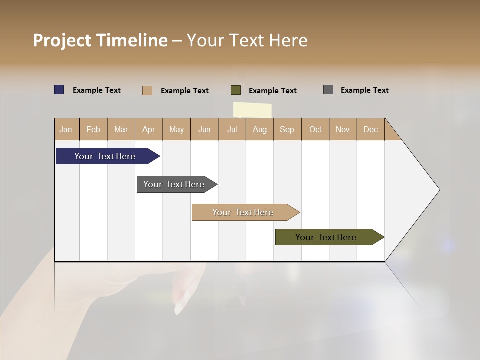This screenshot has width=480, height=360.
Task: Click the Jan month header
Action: click(x=66, y=129)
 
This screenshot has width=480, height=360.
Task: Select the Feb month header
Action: click(x=93, y=129)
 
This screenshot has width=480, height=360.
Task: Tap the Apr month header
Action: click(x=148, y=129)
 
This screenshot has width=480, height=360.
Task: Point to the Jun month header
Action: click(x=204, y=129)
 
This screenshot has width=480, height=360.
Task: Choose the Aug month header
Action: click(x=259, y=129)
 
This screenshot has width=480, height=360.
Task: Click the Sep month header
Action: click(x=287, y=129)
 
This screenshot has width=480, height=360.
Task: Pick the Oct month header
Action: click(x=315, y=129)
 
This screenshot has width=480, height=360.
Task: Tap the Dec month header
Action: click(x=370, y=129)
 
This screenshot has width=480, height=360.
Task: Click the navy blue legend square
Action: click(x=59, y=90)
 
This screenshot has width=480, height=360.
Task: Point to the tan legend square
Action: click(x=147, y=90)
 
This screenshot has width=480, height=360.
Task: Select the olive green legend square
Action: click(x=236, y=90)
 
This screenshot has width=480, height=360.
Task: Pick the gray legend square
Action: click(x=328, y=90)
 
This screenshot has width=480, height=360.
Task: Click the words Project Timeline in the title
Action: click(x=100, y=40)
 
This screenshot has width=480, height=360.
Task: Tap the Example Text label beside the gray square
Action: click(x=364, y=90)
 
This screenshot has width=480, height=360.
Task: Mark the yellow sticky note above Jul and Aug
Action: click(x=252, y=110)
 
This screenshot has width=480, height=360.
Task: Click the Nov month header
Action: click(x=343, y=129)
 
